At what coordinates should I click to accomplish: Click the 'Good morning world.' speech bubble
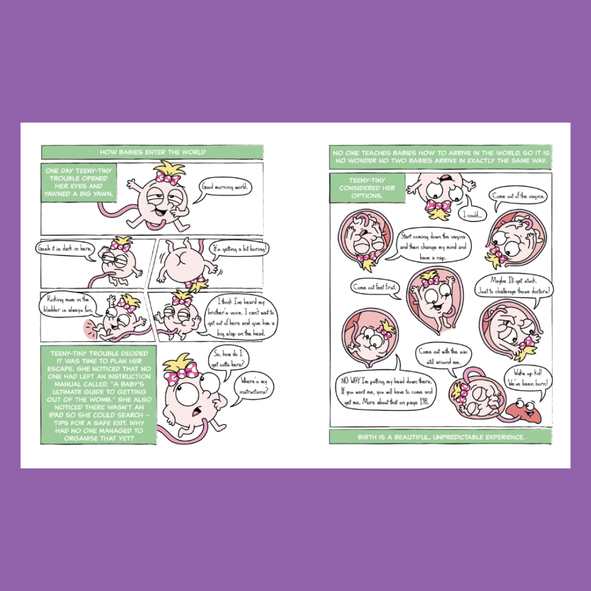tap(225, 187)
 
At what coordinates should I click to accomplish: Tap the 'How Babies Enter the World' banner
tap(152, 152)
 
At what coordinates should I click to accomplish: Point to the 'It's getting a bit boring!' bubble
tap(240, 249)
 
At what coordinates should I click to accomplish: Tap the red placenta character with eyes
tap(524, 410)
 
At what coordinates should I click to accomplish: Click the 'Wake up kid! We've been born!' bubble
tap(528, 378)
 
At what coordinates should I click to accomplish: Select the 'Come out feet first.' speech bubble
tap(375, 288)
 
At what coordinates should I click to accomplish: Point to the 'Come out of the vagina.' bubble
tap(518, 196)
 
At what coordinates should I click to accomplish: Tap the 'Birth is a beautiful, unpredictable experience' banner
tap(441, 437)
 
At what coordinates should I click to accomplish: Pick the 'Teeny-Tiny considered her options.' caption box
tap(367, 188)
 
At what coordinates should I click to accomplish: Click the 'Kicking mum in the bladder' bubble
tap(68, 305)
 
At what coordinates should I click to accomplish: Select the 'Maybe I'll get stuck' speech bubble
tap(514, 286)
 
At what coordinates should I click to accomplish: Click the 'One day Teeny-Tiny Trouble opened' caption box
tap(79, 182)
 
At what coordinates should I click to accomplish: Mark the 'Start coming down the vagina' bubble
tap(433, 247)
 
